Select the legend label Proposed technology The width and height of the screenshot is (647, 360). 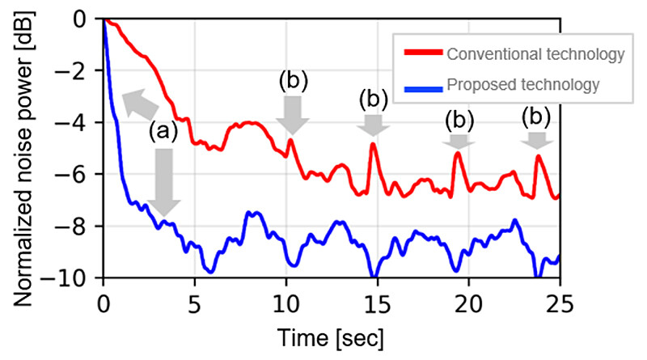click(x=522, y=83)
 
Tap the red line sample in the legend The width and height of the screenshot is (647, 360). click(x=424, y=54)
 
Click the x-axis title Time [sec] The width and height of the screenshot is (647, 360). click(x=330, y=335)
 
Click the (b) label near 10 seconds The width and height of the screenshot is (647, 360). click(x=293, y=81)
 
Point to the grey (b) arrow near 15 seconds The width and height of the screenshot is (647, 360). click(x=373, y=125)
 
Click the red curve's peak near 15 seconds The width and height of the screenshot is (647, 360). click(x=373, y=145)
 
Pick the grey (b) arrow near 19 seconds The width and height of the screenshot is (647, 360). click(x=459, y=141)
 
